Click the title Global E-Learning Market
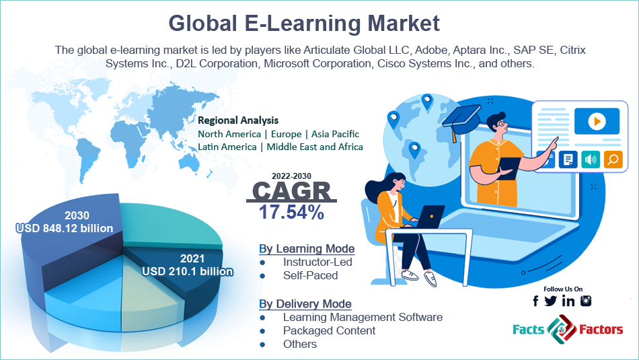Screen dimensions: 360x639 pyautogui.click(x=304, y=23)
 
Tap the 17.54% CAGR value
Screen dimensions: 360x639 pyautogui.click(x=292, y=213)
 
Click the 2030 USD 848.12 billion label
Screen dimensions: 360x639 pyautogui.click(x=65, y=222)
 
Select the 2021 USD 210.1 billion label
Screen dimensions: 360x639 pyautogui.click(x=188, y=265)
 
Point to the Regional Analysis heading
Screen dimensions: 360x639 pyautogui.click(x=238, y=120)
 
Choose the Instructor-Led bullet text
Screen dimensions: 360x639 pyautogui.click(x=317, y=262)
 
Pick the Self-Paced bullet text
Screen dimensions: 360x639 pyautogui.click(x=310, y=275)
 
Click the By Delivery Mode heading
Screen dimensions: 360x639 pyautogui.click(x=305, y=303)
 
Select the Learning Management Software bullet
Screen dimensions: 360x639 pyautogui.click(x=363, y=317)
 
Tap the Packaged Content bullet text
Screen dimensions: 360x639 pyautogui.click(x=329, y=330)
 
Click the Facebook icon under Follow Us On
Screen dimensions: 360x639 pyautogui.click(x=535, y=301)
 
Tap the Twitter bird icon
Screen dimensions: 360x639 pyautogui.click(x=551, y=301)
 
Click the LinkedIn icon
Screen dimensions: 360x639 pyautogui.click(x=568, y=301)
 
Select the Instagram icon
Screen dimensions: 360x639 pyautogui.click(x=586, y=301)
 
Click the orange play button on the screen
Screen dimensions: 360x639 pyautogui.click(x=595, y=122)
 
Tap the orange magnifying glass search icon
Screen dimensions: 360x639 pyautogui.click(x=613, y=159)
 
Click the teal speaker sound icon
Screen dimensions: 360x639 pyautogui.click(x=590, y=159)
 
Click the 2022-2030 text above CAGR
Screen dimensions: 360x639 pyautogui.click(x=291, y=176)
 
